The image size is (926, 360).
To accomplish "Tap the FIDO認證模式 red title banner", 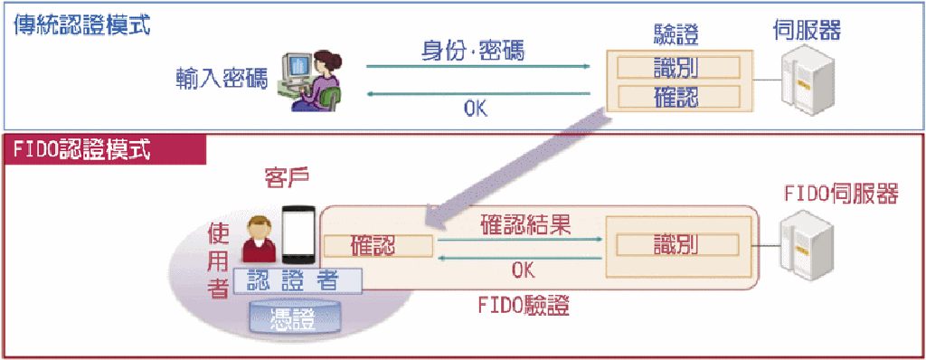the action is (x=107, y=151).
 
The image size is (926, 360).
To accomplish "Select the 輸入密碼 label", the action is (x=222, y=79).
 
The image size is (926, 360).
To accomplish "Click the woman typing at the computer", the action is (x=312, y=80).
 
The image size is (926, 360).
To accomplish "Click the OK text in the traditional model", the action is (x=476, y=109).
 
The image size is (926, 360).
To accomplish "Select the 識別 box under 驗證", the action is (x=678, y=68).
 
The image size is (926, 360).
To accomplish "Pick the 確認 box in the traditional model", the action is (x=678, y=97).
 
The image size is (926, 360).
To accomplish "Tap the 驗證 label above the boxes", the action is (x=676, y=35).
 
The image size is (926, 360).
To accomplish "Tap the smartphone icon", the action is (x=298, y=233).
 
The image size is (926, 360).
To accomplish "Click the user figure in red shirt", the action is (x=259, y=239).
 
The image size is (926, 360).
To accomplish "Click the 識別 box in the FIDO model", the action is (x=678, y=245).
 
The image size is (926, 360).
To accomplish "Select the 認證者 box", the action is (x=298, y=280).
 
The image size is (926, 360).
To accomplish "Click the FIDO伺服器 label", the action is (x=841, y=194).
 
